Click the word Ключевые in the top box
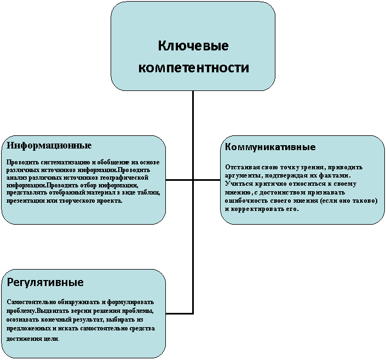click(193, 46)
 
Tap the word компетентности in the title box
click(194, 67)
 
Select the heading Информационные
click(49, 146)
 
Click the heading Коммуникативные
click(270, 147)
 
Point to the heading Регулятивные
click(45, 282)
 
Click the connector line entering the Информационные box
click(180, 180)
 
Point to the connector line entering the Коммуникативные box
click(206, 180)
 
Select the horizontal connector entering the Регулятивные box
click(180, 313)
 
